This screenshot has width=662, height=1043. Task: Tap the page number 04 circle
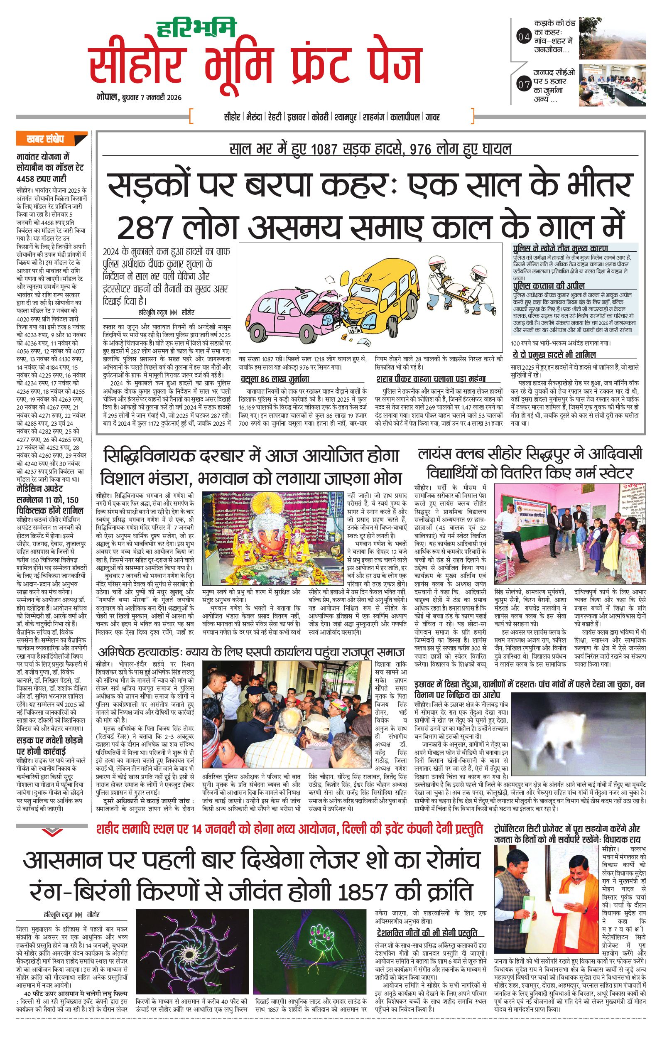[x=524, y=37]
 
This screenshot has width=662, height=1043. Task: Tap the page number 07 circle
[x=524, y=84]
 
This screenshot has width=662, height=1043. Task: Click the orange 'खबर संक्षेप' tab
[x=45, y=140]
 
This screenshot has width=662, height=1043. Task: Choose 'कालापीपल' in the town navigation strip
[x=405, y=117]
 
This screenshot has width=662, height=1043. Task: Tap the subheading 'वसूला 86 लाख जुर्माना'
[x=275, y=379]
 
